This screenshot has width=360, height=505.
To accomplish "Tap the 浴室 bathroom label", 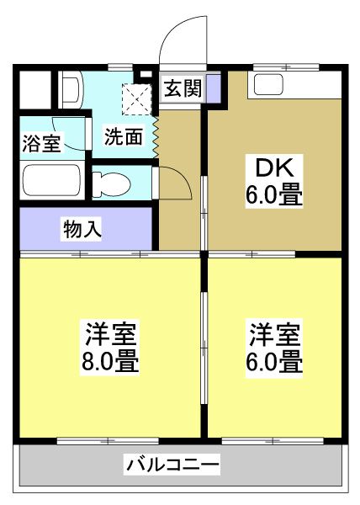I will click(x=40, y=143).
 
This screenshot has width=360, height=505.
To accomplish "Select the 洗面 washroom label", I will click(x=123, y=136).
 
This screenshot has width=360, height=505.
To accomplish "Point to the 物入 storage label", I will click(x=82, y=227).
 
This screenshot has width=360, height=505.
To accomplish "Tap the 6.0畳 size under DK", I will click(x=273, y=198).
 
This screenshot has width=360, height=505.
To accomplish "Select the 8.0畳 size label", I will click(x=111, y=364).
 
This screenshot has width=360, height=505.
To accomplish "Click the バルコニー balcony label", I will click(x=173, y=463).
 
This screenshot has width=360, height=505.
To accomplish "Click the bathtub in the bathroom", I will click(x=52, y=179).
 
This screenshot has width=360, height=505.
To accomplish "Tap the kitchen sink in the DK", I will click(x=271, y=84).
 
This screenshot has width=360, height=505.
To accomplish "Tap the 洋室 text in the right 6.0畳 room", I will click(x=274, y=334).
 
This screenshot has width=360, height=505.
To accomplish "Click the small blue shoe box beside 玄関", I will click(x=214, y=87).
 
